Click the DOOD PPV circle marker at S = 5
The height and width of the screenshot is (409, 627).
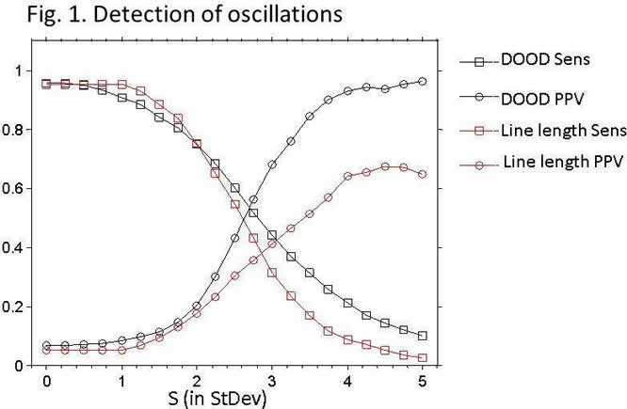(423, 82)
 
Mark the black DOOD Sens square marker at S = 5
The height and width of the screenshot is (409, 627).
(423, 336)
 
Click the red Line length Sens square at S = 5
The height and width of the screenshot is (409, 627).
(423, 358)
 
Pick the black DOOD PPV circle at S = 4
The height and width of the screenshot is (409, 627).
(347, 90)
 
